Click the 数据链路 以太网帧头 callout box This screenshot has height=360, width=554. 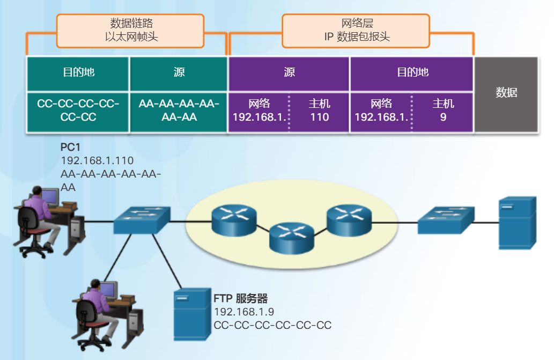click(x=130, y=30)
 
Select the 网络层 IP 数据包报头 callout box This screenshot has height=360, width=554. click(x=356, y=30)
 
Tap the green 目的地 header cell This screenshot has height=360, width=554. click(x=78, y=72)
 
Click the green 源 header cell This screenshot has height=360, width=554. click(x=179, y=72)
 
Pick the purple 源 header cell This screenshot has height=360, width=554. click(x=289, y=72)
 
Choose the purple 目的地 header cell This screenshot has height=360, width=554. click(x=412, y=72)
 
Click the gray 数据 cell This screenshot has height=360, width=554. click(x=506, y=93)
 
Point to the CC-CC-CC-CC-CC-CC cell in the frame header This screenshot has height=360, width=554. click(x=78, y=110)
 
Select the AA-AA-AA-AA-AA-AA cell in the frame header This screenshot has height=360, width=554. click(x=179, y=110)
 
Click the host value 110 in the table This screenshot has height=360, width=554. click(x=320, y=116)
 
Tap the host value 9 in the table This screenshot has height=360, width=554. click(x=443, y=116)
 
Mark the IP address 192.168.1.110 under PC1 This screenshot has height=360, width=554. click(x=97, y=160)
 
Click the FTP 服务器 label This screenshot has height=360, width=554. click(x=240, y=298)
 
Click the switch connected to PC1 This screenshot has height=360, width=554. click(x=142, y=220)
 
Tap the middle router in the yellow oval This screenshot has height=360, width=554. click(x=292, y=239)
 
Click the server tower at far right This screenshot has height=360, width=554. click(x=517, y=222)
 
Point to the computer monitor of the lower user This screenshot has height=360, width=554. click(x=108, y=290)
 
